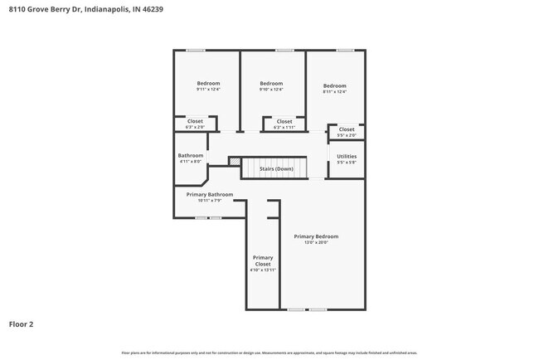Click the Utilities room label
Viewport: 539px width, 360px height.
coord(347,156)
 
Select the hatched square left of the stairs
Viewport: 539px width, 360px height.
coord(235,162)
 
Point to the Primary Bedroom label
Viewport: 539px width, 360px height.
coord(316,236)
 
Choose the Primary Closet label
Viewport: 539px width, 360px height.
coord(263,260)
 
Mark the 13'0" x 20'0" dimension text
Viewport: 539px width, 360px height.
coord(316,243)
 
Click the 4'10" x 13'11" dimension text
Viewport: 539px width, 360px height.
coord(263,270)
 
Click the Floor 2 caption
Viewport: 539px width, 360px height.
coord(22,324)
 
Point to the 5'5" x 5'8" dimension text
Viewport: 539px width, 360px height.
coord(347,163)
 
